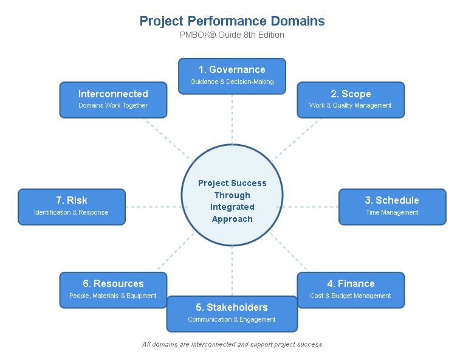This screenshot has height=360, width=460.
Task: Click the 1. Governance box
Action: [x=232, y=76]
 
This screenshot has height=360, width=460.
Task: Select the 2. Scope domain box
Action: [x=351, y=100]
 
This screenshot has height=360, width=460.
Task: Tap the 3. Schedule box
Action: [x=392, y=207]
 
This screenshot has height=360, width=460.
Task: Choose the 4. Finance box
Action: [x=351, y=290]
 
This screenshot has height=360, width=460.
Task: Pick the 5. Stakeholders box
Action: [x=232, y=313]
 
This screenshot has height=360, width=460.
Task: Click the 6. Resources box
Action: [x=113, y=290]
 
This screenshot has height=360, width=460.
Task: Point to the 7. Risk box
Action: [x=72, y=207]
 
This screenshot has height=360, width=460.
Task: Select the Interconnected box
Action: [x=113, y=100]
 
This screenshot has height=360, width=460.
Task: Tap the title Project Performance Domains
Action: [x=232, y=21]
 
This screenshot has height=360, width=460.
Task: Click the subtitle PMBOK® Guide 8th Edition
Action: [x=232, y=35]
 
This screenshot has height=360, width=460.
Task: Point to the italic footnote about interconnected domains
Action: [x=232, y=344]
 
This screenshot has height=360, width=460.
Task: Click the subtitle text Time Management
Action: [x=392, y=213]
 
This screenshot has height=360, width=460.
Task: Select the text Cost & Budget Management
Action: [x=351, y=296]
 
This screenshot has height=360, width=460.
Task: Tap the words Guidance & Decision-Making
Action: [x=232, y=82]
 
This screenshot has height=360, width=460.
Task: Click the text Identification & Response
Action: [x=72, y=213]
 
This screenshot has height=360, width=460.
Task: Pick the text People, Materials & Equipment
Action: [x=113, y=296]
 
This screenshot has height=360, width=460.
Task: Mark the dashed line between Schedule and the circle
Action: [x=311, y=207]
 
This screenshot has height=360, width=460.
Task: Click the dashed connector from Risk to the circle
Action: [x=153, y=207]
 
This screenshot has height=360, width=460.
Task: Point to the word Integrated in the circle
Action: [x=232, y=207]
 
